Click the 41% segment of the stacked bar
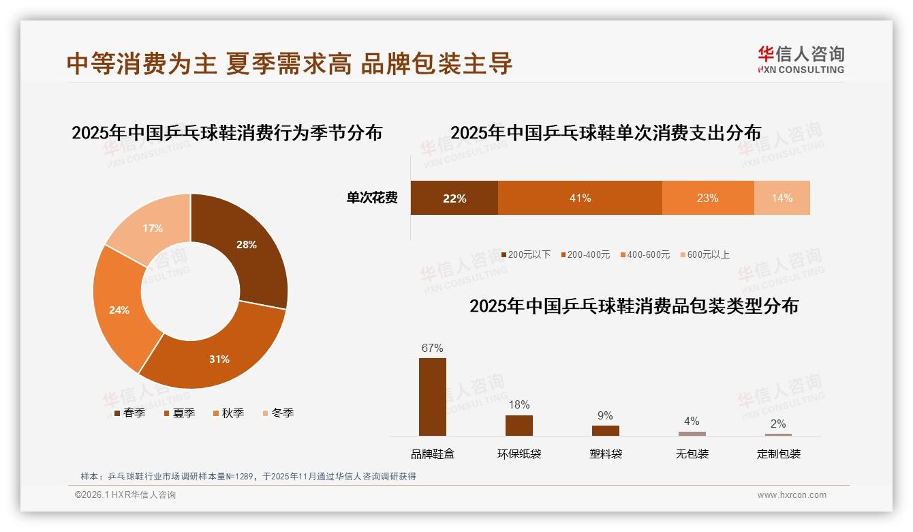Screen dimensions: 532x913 click(x=580, y=198)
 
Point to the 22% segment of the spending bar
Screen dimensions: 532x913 click(x=454, y=198)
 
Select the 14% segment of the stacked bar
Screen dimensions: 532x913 click(x=782, y=198)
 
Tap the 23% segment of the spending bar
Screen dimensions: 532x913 click(x=707, y=198)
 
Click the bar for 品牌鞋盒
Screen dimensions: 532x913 click(x=433, y=397)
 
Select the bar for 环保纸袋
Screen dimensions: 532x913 click(x=519, y=426)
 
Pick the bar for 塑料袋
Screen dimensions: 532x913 click(x=605, y=430)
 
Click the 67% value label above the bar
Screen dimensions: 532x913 click(x=433, y=348)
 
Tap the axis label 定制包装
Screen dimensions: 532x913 click(x=778, y=454)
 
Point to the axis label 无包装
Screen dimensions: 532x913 click(x=692, y=454)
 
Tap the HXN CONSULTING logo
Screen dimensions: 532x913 click(x=801, y=60)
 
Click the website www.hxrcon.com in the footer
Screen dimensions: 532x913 click(x=791, y=495)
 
